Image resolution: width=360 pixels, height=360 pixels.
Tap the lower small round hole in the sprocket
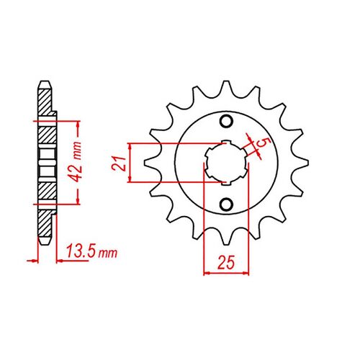coord(228,204)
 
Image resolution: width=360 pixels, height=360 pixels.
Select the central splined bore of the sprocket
coord(226,162)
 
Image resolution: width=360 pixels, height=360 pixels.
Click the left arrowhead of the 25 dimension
coord(207,272)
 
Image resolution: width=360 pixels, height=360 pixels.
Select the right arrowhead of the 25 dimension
coord(248,272)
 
